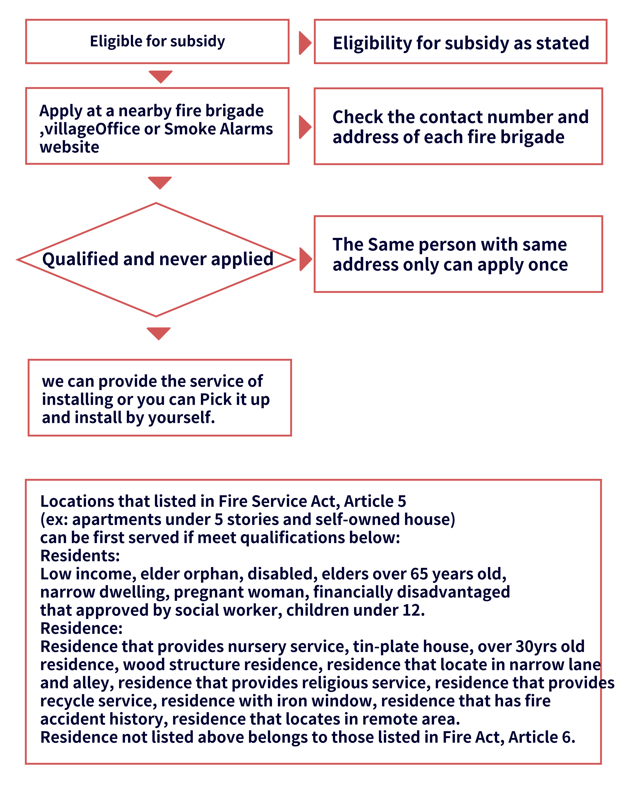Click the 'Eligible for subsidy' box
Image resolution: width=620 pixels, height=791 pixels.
tap(157, 41)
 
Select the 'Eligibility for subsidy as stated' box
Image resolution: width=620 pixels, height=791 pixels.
tap(460, 42)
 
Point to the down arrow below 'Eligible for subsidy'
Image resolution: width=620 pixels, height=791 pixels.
tap(160, 76)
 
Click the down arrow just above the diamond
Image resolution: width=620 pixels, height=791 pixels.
tap(160, 182)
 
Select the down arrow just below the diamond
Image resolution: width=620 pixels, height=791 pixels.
tap(159, 333)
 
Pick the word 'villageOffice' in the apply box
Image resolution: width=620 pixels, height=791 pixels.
tap(91, 129)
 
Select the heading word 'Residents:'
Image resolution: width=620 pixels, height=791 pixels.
tap(80, 556)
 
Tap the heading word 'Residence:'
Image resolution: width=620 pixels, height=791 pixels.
tap(81, 628)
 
